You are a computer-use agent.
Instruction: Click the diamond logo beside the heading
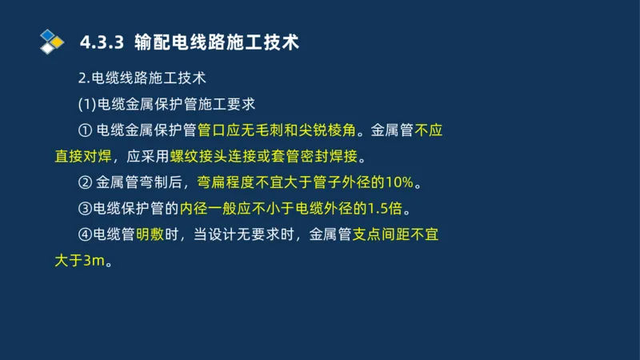point(51,41)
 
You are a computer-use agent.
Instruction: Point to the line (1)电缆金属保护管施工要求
point(166,104)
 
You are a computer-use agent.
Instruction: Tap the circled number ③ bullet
point(86,209)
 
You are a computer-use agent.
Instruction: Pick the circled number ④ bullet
point(86,235)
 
